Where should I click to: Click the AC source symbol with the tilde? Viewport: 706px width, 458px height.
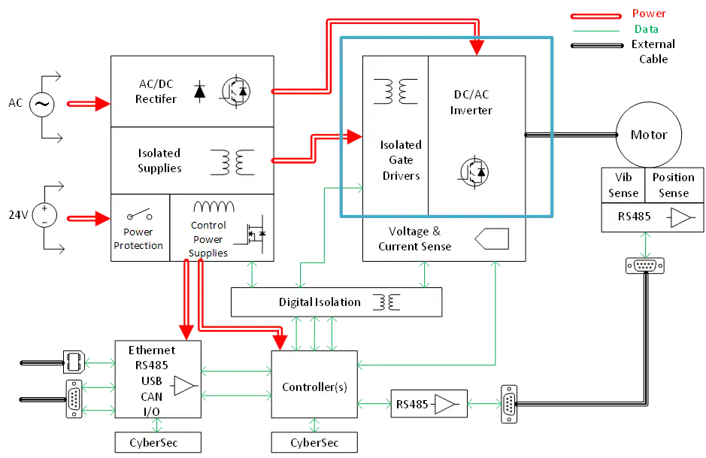[42, 105]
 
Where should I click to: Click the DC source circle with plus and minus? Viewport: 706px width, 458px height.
[44, 216]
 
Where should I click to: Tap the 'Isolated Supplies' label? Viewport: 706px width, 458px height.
[159, 161]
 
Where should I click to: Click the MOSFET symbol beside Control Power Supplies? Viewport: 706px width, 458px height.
[250, 233]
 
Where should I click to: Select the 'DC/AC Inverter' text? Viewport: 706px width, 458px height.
[471, 102]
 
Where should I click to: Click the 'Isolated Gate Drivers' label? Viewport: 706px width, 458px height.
[401, 159]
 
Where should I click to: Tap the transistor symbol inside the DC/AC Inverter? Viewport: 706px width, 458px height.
[472, 172]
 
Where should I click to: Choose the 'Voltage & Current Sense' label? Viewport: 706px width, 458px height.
[415, 238]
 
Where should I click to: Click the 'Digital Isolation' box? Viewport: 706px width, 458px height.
[336, 302]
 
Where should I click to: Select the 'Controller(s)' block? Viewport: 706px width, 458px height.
[314, 387]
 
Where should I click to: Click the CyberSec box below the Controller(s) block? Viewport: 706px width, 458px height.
[314, 443]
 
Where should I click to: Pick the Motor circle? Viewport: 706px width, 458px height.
[648, 135]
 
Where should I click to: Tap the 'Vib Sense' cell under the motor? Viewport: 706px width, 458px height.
[623, 185]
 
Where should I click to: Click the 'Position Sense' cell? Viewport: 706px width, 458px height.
[673, 185]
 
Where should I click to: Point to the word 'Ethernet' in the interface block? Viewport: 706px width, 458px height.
[152, 350]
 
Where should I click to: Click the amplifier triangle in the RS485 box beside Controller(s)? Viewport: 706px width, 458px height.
[447, 405]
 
